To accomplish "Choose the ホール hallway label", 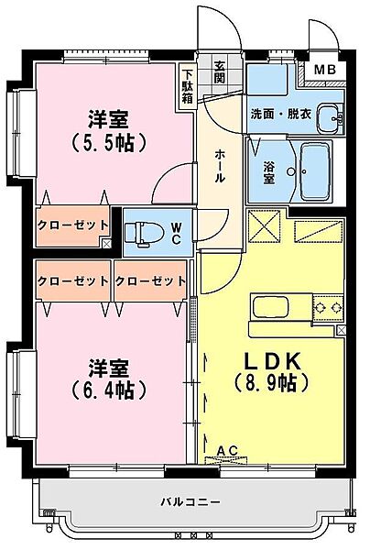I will (x=221, y=166).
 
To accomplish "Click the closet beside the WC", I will (x=73, y=225).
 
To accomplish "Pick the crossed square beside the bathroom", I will (x=264, y=225).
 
